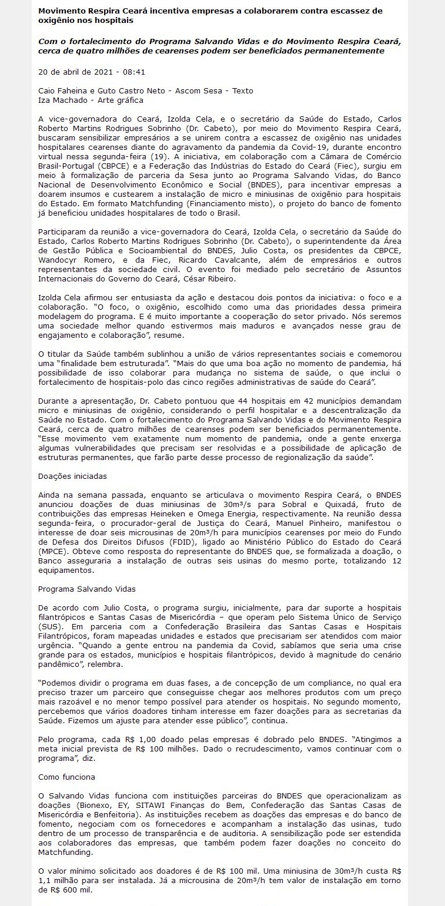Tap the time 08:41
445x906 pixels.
pyautogui.click(x=133, y=72)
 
